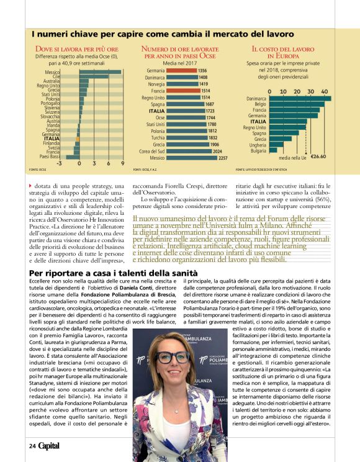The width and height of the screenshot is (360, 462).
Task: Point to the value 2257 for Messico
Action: pyautogui.click(x=223, y=158)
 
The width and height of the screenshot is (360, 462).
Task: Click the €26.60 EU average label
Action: pyautogui.click(x=318, y=157)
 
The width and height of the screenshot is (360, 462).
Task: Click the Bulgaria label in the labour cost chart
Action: pyautogui.click(x=258, y=150)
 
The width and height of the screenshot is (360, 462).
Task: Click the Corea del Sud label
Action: pyautogui.click(x=152, y=151)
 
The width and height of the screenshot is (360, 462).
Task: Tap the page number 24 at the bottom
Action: pyautogui.click(x=32, y=446)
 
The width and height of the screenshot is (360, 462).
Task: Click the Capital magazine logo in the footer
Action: pyautogui.click(x=49, y=446)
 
